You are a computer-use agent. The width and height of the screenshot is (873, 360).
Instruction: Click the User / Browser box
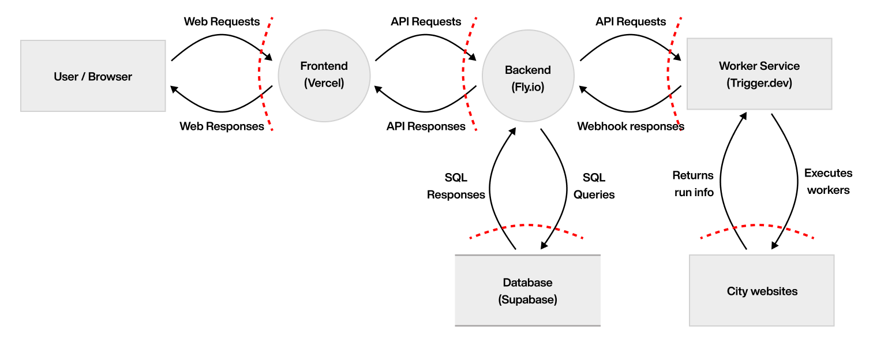click(x=93, y=76)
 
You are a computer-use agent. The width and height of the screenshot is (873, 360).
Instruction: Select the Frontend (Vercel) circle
click(x=324, y=75)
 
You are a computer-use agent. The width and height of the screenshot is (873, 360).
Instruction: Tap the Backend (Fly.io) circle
click(x=528, y=76)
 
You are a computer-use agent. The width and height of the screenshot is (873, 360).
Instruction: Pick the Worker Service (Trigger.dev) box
click(x=759, y=74)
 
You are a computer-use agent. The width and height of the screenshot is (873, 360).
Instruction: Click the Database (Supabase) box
click(x=527, y=291)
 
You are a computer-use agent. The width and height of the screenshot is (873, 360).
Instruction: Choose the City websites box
click(x=762, y=291)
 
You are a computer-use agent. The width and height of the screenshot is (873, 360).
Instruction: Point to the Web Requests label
click(x=222, y=22)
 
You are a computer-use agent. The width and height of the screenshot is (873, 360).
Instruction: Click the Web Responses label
click(x=222, y=126)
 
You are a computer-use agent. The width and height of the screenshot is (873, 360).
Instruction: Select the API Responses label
click(x=426, y=126)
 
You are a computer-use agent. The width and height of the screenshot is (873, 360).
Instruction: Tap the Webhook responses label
click(x=631, y=126)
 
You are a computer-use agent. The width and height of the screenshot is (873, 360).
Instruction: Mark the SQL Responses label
click(x=456, y=186)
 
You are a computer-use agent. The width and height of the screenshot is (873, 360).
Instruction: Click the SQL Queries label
click(x=594, y=186)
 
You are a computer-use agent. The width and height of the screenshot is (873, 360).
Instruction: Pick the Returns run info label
click(x=694, y=183)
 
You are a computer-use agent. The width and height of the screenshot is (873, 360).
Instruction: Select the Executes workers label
click(x=828, y=181)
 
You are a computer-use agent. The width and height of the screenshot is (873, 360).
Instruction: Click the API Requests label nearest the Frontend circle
click(x=426, y=22)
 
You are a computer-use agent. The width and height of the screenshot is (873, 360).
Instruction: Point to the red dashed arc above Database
click(x=526, y=226)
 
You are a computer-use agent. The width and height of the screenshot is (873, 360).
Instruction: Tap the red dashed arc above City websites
click(x=757, y=226)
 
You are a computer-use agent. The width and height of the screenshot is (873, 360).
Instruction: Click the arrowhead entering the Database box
click(x=544, y=246)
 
